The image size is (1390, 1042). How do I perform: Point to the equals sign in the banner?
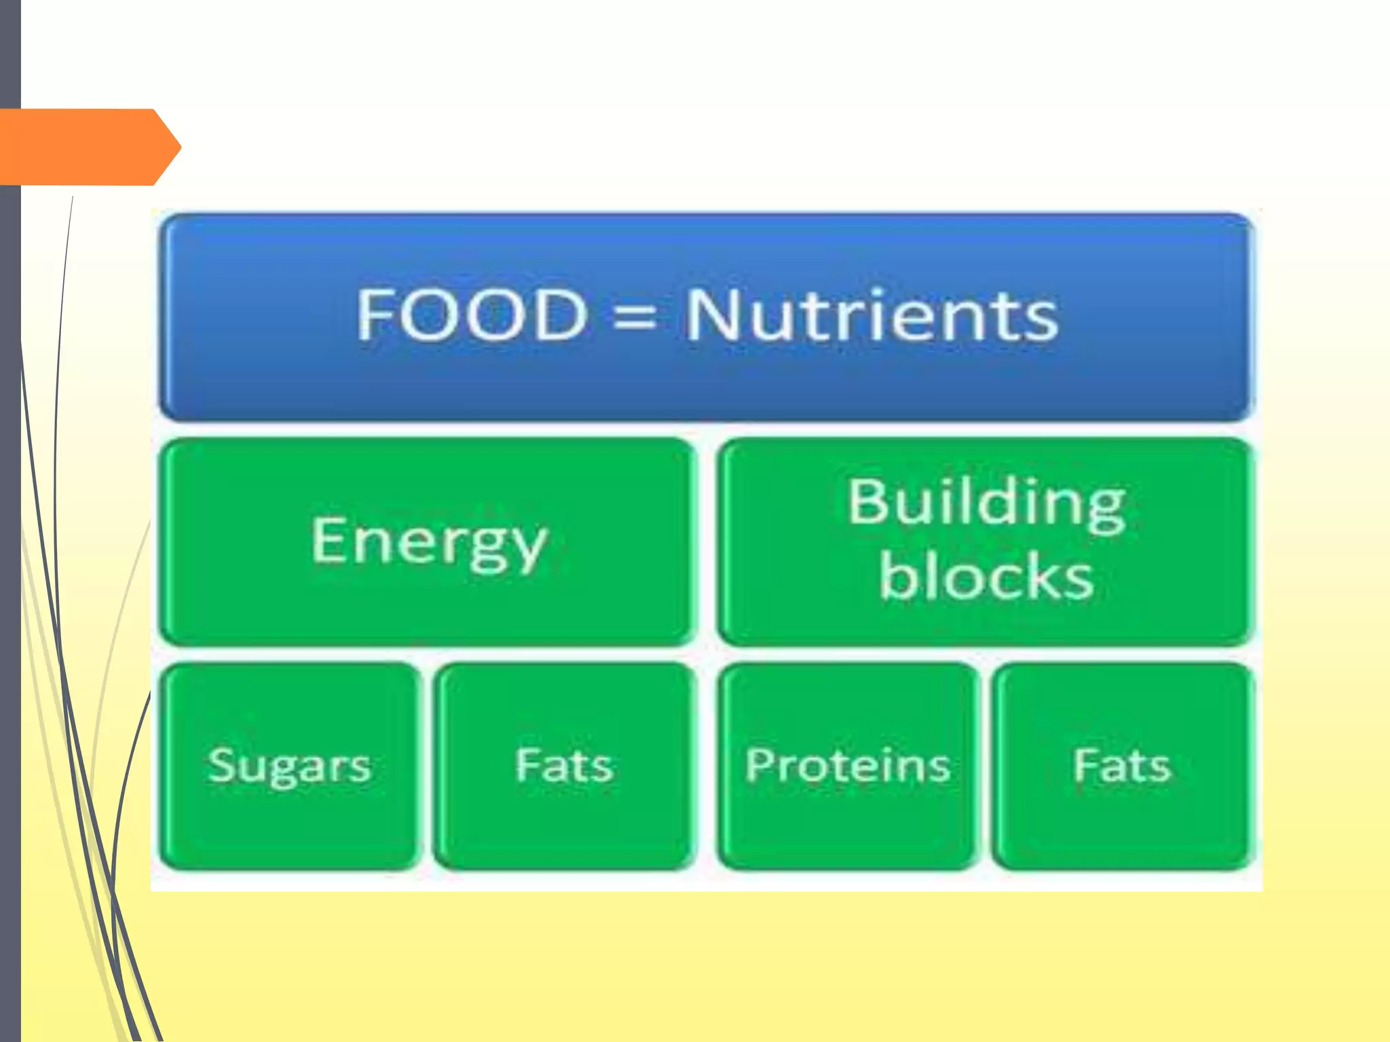click(635, 317)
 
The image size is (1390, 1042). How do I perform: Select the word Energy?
click(429, 543)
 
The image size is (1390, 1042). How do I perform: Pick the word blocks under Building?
click(986, 577)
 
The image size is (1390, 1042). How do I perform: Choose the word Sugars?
click(290, 767)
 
